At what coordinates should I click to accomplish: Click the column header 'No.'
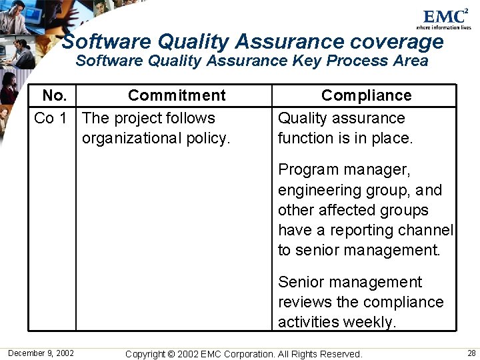(x=54, y=95)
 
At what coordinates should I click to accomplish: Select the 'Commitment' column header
(x=177, y=95)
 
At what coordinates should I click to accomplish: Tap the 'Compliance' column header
(x=366, y=95)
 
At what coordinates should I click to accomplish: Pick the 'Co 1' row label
(x=51, y=119)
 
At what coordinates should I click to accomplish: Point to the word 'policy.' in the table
(x=207, y=139)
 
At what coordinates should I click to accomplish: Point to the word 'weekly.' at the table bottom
(x=370, y=323)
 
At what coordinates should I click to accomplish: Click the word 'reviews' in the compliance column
(x=305, y=303)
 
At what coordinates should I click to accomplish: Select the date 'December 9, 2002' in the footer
(x=41, y=353)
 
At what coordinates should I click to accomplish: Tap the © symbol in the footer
(x=170, y=354)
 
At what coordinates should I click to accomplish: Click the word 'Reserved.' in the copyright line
(x=341, y=354)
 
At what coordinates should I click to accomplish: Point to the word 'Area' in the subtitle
(x=410, y=61)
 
